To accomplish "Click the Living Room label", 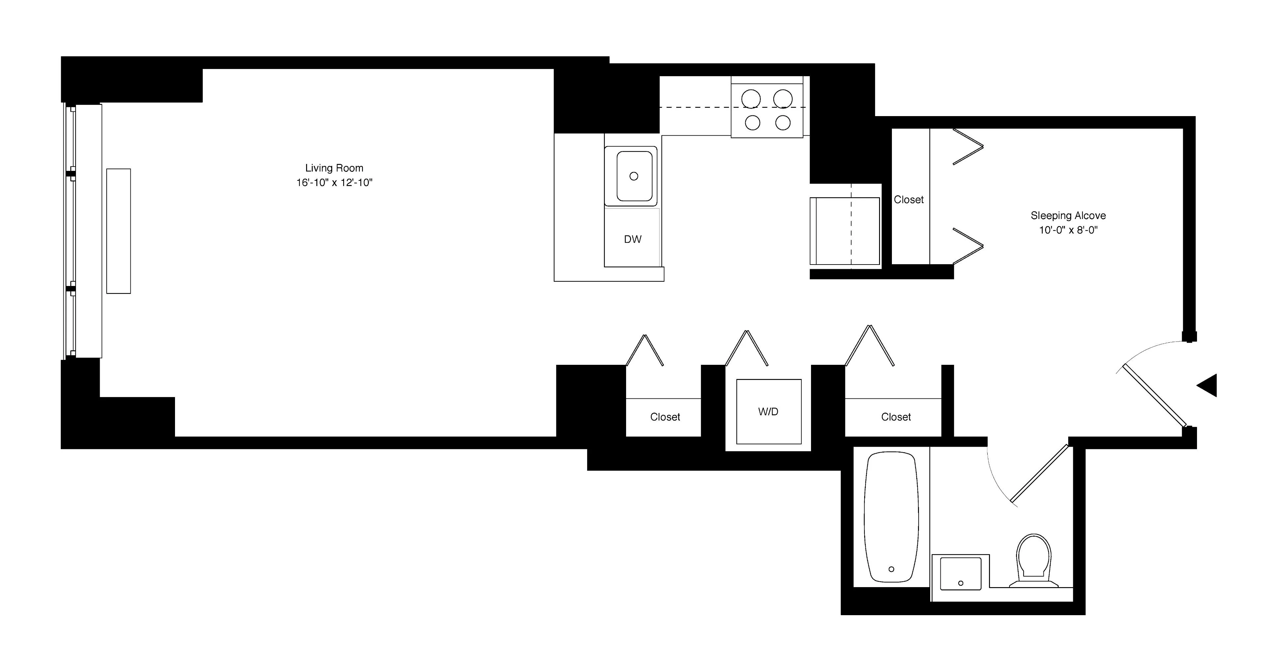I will click(334, 168).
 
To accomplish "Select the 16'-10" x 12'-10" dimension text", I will click(334, 183).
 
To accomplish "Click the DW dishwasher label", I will click(633, 239).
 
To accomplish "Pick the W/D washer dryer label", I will click(768, 412).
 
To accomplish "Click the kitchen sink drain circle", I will click(634, 176).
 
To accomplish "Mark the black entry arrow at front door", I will click(1208, 385).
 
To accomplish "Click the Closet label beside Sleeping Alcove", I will click(909, 200).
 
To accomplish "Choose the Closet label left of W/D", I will click(665, 417).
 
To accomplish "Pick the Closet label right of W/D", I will click(896, 417).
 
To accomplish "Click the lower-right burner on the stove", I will click(783, 122).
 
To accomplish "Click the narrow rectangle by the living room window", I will click(119, 231).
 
